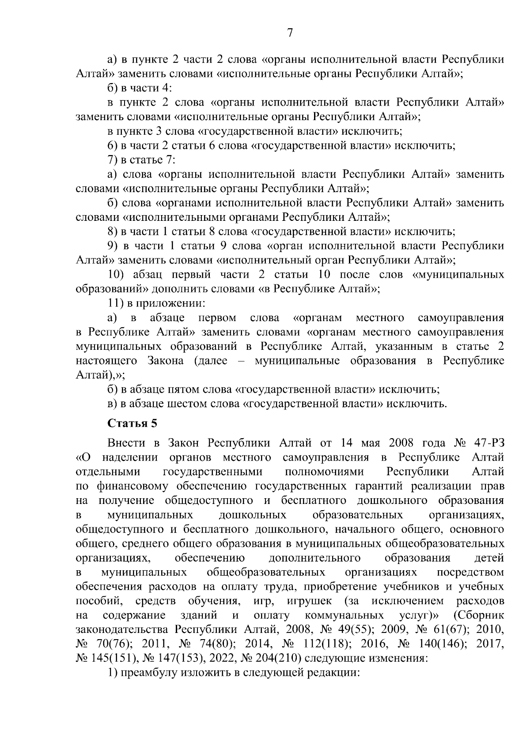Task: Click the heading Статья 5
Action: point(132,423)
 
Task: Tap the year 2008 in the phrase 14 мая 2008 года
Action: point(401,443)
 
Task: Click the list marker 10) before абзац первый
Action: point(117,275)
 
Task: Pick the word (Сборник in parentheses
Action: point(479,615)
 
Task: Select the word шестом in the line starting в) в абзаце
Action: point(186,404)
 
